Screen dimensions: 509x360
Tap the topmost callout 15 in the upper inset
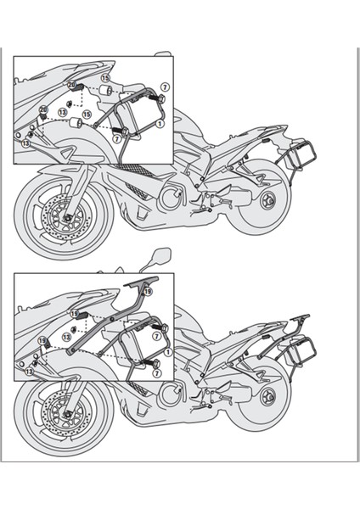(105, 78)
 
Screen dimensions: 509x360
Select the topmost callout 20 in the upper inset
(71, 85)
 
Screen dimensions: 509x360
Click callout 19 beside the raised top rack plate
(148, 291)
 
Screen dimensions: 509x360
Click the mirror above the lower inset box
(160, 255)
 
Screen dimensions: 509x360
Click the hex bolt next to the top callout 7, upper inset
(158, 99)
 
